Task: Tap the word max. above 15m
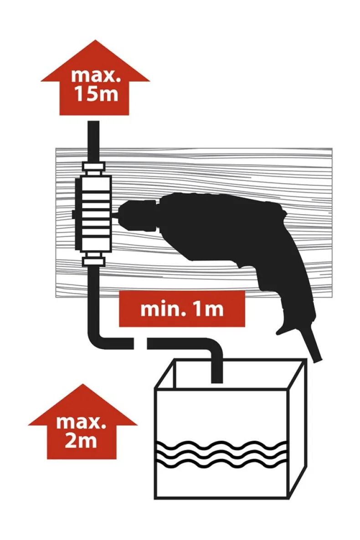(96, 76)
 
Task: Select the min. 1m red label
(182, 309)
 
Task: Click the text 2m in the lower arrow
(81, 441)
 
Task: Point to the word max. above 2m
(81, 422)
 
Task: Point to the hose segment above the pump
(94, 141)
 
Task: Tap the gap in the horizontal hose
(140, 344)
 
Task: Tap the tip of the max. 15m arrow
(95, 40)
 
